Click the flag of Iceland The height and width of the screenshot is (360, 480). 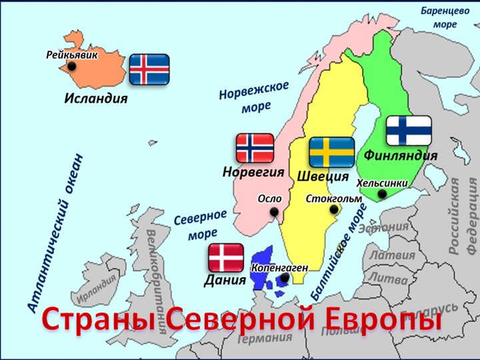click(x=149, y=69)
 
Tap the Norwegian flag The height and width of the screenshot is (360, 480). click(x=255, y=149)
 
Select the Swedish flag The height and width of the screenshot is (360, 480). click(x=331, y=153)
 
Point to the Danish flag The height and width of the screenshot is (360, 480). click(x=226, y=257)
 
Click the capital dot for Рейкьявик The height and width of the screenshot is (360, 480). click(x=71, y=67)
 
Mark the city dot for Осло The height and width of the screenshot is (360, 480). click(x=274, y=212)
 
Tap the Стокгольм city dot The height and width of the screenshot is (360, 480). click(x=335, y=210)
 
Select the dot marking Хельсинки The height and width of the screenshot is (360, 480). click(x=382, y=194)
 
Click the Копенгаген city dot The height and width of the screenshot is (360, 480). click(x=285, y=278)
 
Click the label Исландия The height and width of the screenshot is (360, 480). click(x=96, y=99)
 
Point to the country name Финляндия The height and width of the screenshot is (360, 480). click(x=401, y=155)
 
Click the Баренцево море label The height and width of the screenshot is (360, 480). click(x=445, y=17)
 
